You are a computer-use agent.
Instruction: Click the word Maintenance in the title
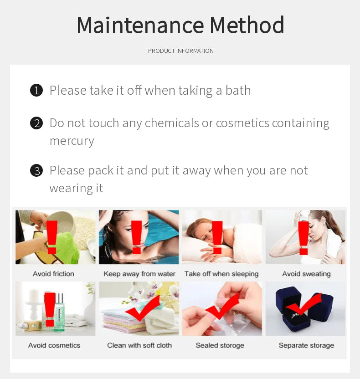coord(140,25)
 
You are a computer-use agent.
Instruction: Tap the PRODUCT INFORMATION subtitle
coord(181,51)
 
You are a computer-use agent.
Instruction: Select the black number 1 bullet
coord(36,90)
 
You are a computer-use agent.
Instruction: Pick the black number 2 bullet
coord(36,123)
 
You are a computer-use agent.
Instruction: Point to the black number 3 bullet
coord(36,170)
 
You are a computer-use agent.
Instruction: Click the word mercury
coord(72,141)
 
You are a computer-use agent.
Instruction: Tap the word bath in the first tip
coord(238,90)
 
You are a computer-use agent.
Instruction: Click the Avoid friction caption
coord(53,274)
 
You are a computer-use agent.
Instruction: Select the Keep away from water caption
coord(139,274)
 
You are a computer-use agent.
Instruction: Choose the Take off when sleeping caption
coord(221,274)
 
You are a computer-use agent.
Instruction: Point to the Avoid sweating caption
coord(306,274)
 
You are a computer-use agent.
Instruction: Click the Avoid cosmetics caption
coord(54,345)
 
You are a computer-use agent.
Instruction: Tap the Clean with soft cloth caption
coord(139,345)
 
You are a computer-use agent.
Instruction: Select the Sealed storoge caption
coord(220,345)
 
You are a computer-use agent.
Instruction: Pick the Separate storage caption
coord(306,345)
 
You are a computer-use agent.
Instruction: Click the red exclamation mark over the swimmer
coord(137,237)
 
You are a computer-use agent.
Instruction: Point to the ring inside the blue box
coord(295,315)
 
